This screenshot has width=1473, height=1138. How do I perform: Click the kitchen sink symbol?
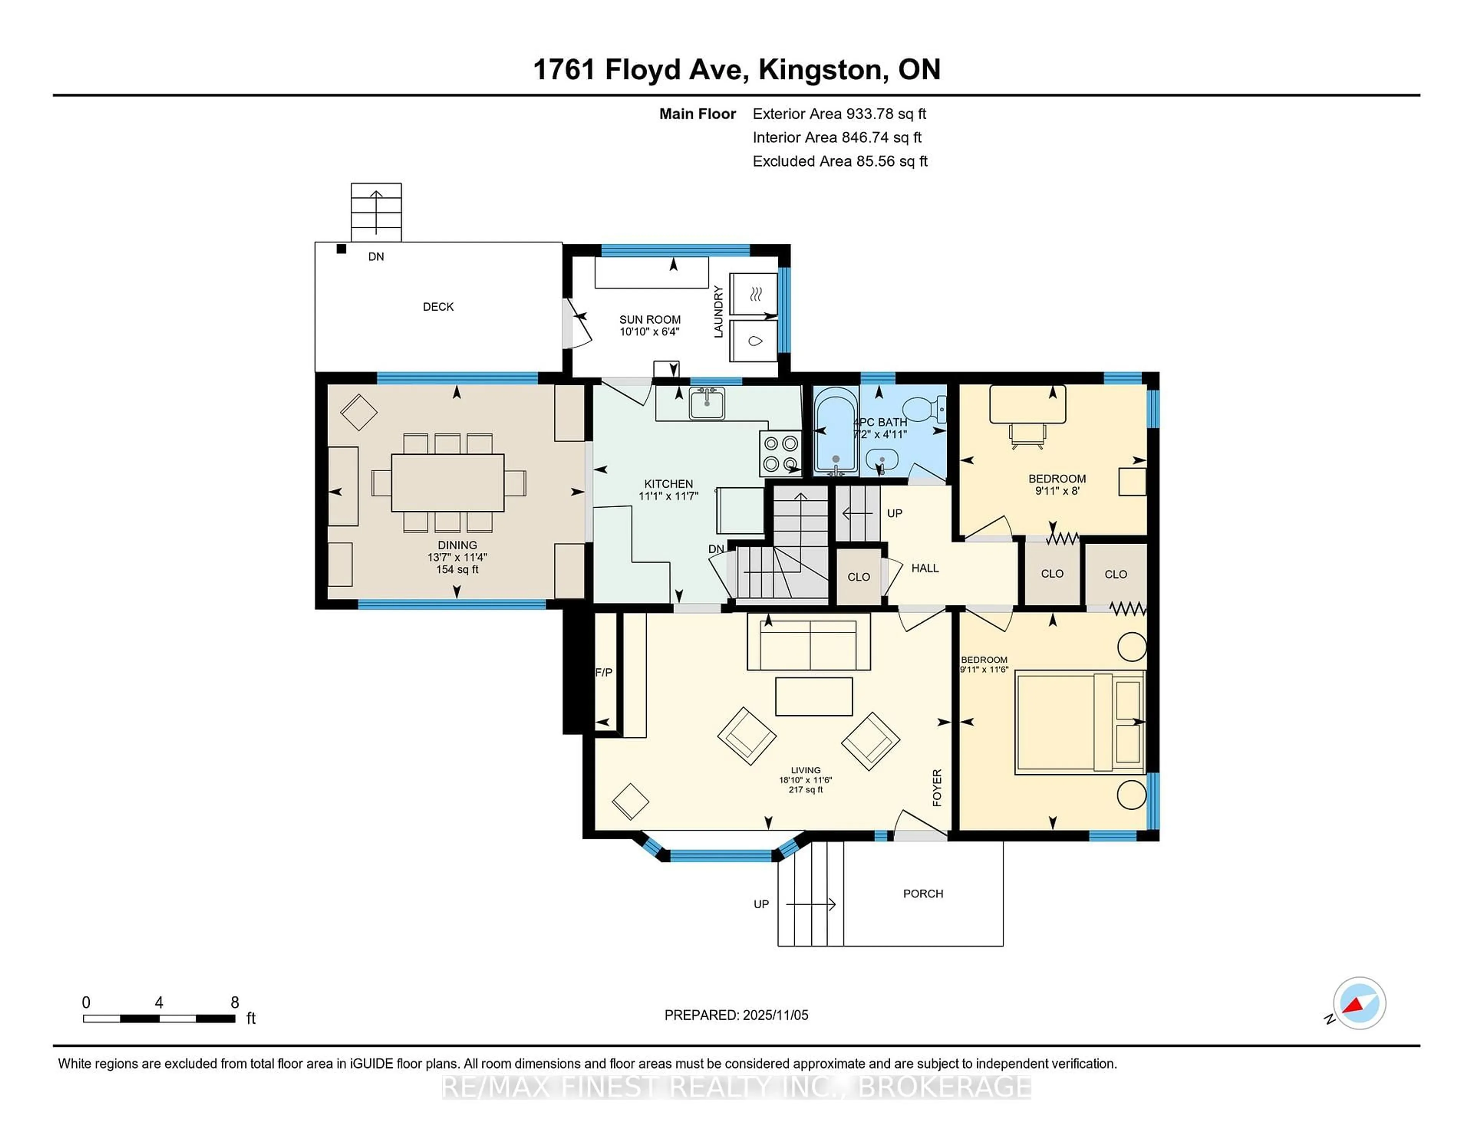click(706, 404)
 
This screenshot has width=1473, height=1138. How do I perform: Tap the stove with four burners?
click(780, 453)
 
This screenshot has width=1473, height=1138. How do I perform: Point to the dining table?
click(447, 483)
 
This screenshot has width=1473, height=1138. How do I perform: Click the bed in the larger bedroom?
click(1079, 721)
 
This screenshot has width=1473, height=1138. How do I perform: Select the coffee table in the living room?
click(813, 696)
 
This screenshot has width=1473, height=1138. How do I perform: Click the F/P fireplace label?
click(604, 672)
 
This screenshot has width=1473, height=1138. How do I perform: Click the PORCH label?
click(923, 893)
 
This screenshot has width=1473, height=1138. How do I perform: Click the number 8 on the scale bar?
click(235, 1003)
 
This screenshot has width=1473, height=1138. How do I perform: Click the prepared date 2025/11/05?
click(774, 1015)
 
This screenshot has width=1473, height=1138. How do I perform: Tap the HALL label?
click(925, 568)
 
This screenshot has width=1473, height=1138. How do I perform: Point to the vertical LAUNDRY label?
click(718, 311)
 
